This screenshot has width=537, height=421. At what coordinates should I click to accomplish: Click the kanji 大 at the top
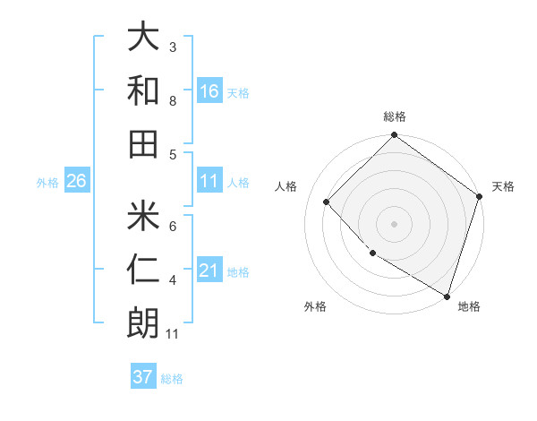pyautogui.click(x=143, y=37)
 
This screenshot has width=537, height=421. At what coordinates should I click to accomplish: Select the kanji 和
pyautogui.click(x=143, y=90)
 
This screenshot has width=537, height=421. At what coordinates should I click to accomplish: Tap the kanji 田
pyautogui.click(x=143, y=142)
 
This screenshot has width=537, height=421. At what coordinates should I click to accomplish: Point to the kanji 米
pyautogui.click(x=143, y=214)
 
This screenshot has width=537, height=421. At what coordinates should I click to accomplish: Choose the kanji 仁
pyautogui.click(x=143, y=268)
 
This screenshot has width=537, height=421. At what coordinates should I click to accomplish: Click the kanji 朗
pyautogui.click(x=143, y=322)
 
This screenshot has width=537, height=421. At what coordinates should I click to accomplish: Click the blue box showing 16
pyautogui.click(x=209, y=90)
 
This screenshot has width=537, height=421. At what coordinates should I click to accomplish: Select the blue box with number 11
pyautogui.click(x=209, y=181)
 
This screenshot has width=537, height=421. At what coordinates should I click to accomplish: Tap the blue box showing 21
pyautogui.click(x=209, y=271)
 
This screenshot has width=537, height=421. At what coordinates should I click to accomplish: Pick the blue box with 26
pyautogui.click(x=76, y=181)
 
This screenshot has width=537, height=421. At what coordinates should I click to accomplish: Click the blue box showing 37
pyautogui.click(x=143, y=377)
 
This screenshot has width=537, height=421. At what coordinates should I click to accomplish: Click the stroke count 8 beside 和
pyautogui.click(x=173, y=100)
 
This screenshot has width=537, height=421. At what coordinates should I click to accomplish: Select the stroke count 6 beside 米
pyautogui.click(x=173, y=226)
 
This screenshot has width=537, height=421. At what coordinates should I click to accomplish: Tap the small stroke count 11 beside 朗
pyautogui.click(x=174, y=334)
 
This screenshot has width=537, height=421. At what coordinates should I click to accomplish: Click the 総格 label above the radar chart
pyautogui.click(x=394, y=116)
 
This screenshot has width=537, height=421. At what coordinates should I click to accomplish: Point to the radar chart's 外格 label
pyautogui.click(x=315, y=306)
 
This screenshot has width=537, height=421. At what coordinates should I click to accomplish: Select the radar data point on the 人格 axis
pyautogui.click(x=327, y=202)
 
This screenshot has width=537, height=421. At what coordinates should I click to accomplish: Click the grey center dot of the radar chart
pyautogui.click(x=394, y=223)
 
